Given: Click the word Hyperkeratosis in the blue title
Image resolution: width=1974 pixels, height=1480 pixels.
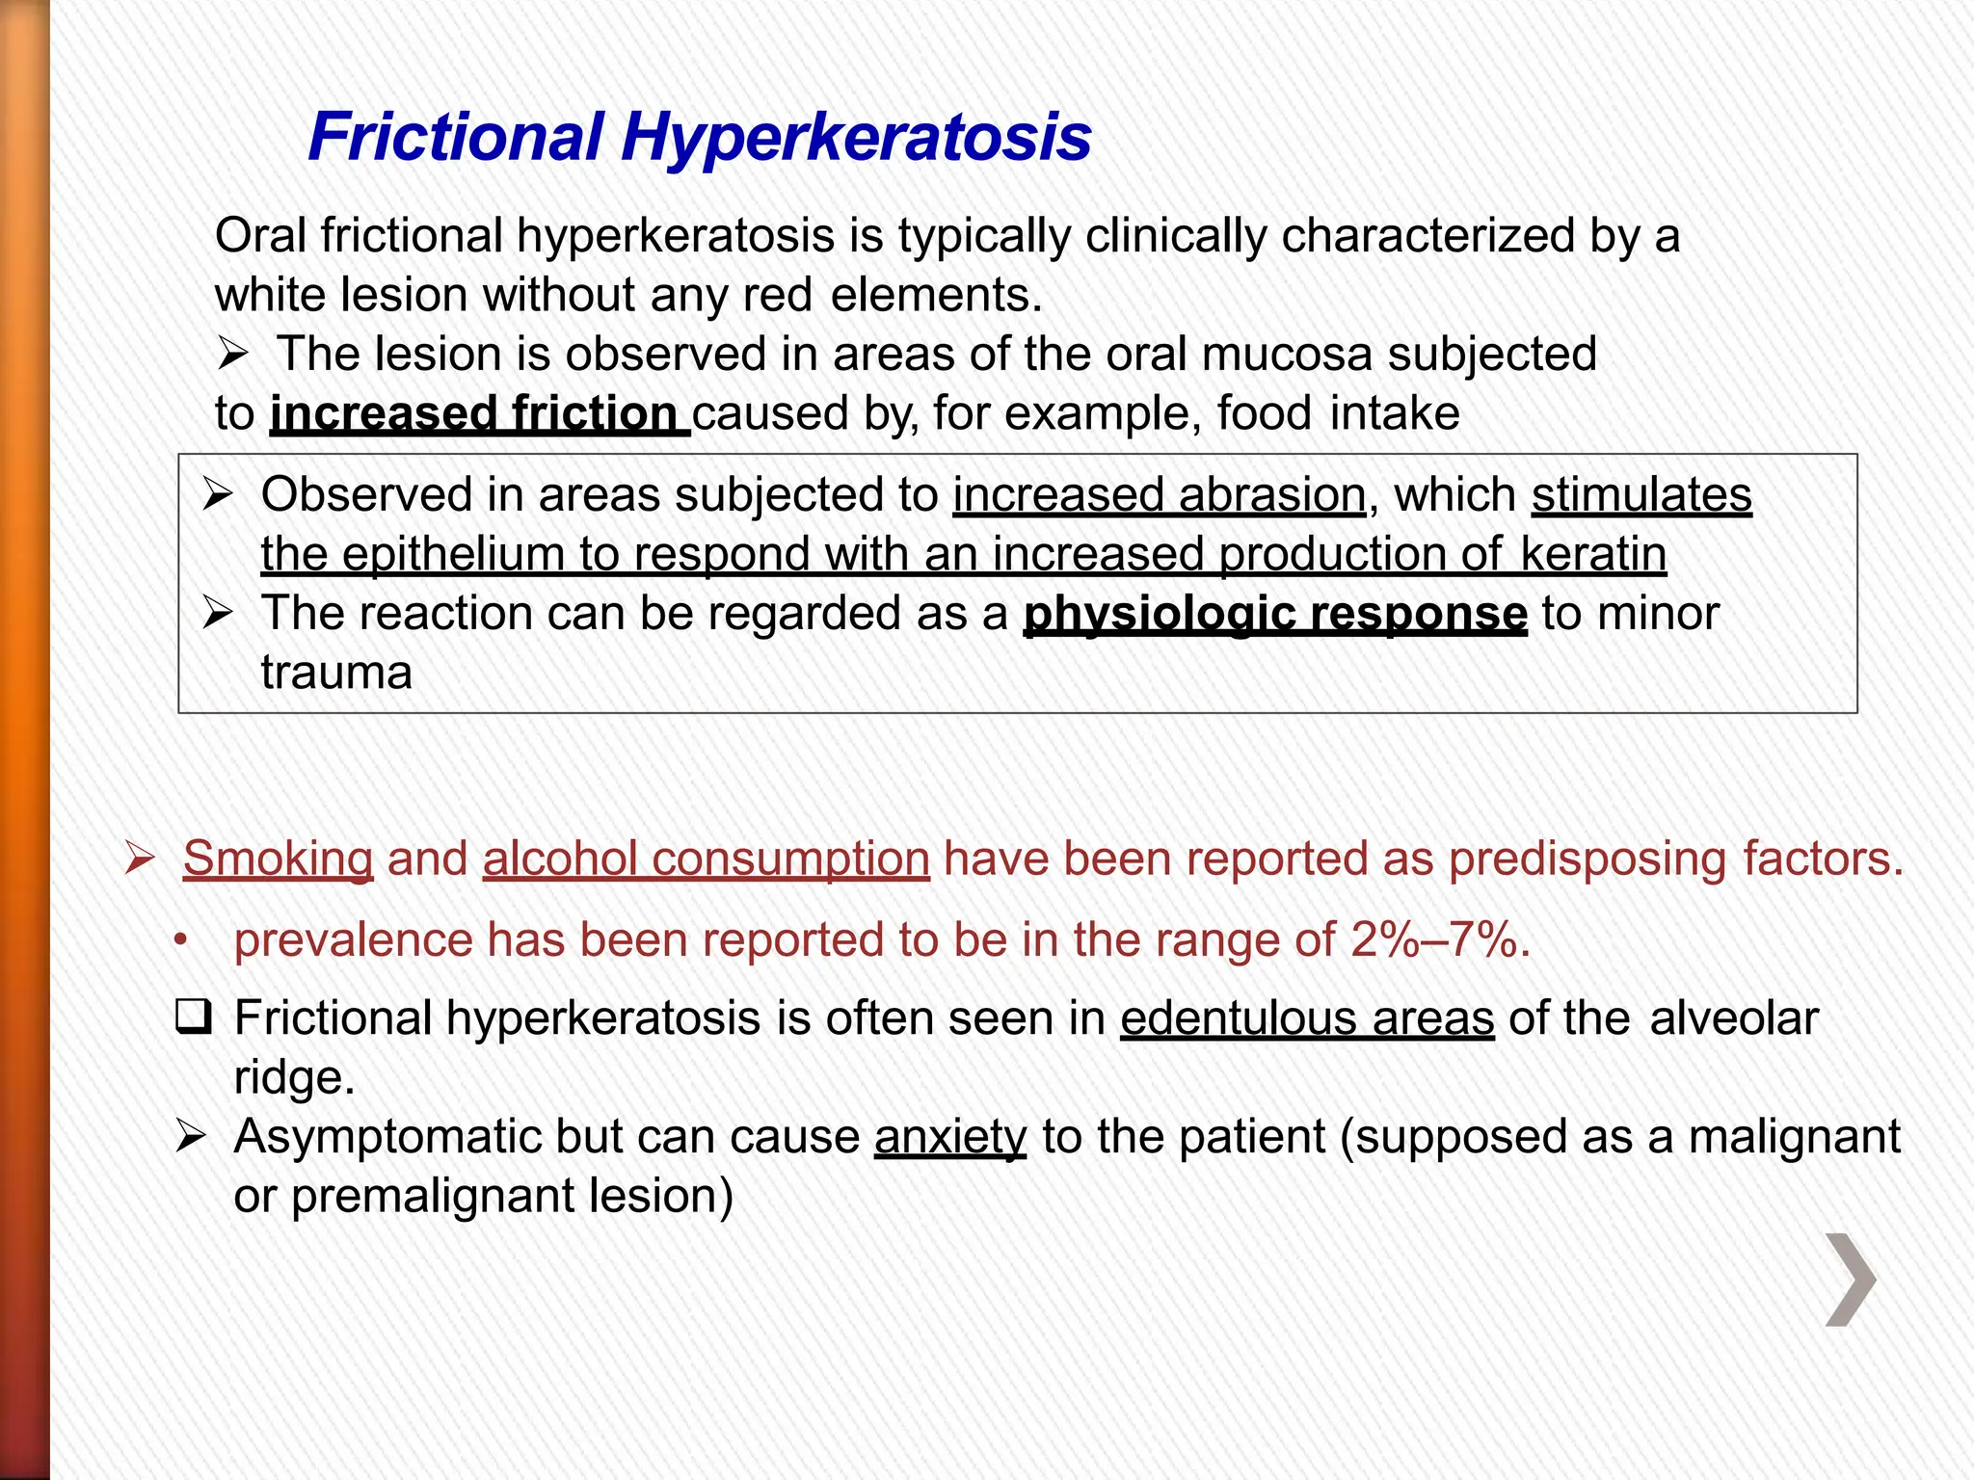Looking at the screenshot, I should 856,138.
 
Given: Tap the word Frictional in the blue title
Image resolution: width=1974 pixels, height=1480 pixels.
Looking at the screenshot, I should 455,138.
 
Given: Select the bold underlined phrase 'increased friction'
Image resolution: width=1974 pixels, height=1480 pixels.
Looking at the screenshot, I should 479,413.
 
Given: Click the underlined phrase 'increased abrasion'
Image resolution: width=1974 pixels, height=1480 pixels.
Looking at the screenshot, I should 1159,495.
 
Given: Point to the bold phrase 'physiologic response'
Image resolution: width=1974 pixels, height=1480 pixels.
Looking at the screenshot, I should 1274,614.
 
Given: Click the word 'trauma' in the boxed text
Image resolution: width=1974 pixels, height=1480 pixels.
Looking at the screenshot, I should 335,673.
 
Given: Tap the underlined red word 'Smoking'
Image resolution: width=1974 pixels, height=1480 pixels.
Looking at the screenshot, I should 278,859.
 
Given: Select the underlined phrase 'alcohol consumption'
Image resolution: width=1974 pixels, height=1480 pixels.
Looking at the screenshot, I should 706,859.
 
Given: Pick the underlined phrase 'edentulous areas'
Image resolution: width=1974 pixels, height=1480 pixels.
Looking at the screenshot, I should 1307,1018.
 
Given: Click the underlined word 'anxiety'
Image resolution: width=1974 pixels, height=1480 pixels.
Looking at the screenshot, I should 950,1137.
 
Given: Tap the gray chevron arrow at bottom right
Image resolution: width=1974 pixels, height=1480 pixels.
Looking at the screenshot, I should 1851,1280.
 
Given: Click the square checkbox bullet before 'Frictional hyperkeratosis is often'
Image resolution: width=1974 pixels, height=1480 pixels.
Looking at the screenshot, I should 194,1018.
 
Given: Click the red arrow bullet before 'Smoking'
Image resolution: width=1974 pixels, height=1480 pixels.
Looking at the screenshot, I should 140,859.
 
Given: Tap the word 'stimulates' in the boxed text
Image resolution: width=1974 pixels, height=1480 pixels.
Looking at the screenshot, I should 1641,495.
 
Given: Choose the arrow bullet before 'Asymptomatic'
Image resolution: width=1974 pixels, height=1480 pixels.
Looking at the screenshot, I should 190,1138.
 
